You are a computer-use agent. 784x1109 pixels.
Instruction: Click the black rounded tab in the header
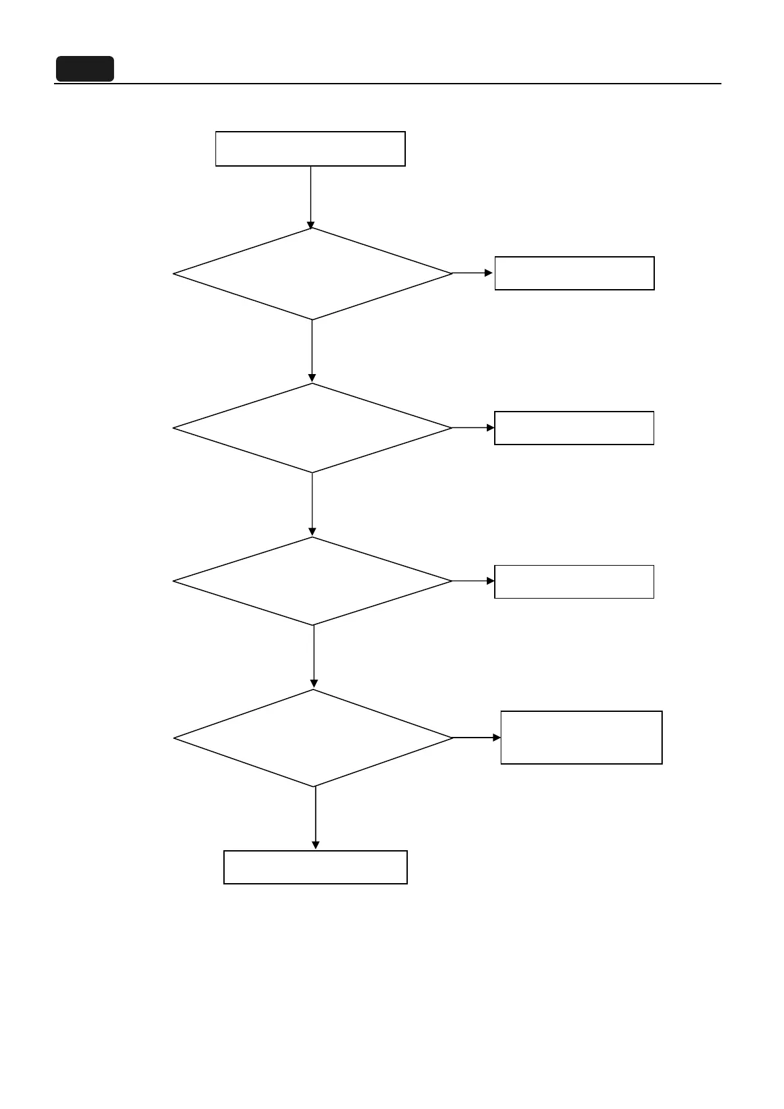click(x=84, y=69)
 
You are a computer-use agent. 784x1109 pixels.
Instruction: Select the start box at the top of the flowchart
click(x=310, y=149)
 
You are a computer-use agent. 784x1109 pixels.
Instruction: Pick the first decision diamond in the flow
click(x=312, y=274)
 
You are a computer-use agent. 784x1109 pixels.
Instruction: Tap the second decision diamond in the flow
click(x=312, y=428)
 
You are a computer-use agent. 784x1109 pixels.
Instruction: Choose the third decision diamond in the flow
click(x=312, y=581)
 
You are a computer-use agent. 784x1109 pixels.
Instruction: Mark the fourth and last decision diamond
click(x=314, y=738)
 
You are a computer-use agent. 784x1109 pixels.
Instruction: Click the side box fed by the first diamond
click(x=574, y=273)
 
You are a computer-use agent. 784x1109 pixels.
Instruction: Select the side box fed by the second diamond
click(x=574, y=428)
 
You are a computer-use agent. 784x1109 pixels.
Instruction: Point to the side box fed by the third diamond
click(x=574, y=582)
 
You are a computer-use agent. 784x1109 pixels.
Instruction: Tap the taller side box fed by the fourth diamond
click(x=582, y=738)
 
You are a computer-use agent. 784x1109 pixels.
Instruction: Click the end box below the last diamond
click(x=316, y=867)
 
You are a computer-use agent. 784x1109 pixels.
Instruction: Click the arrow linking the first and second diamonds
click(x=312, y=351)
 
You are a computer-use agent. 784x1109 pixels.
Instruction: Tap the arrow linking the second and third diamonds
click(x=312, y=504)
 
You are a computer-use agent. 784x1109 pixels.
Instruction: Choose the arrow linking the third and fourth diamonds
click(x=314, y=657)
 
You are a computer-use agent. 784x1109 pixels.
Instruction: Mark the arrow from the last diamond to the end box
click(x=316, y=818)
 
